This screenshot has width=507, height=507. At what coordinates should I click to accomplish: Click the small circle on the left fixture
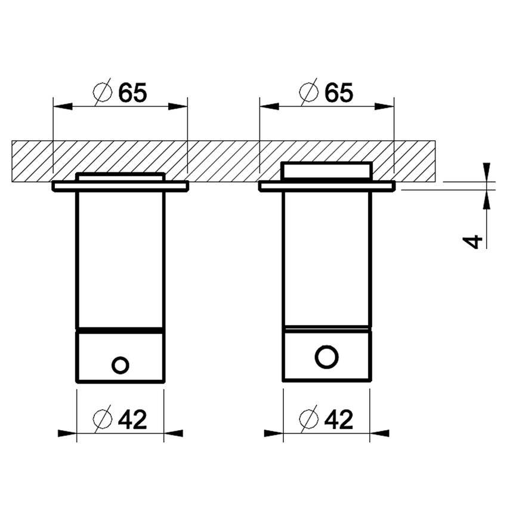(120, 358)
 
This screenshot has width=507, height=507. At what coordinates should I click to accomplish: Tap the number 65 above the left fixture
(132, 92)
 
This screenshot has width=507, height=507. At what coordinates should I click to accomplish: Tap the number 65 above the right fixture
(339, 92)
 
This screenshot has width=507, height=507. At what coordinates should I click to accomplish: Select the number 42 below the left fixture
(132, 420)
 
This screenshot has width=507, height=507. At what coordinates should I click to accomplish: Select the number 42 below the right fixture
(339, 420)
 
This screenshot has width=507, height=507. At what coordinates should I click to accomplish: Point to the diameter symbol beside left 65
(103, 92)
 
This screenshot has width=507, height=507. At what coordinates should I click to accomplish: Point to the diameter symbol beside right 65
(309, 92)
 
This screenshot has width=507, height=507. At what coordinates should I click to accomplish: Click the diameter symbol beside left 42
(103, 419)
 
